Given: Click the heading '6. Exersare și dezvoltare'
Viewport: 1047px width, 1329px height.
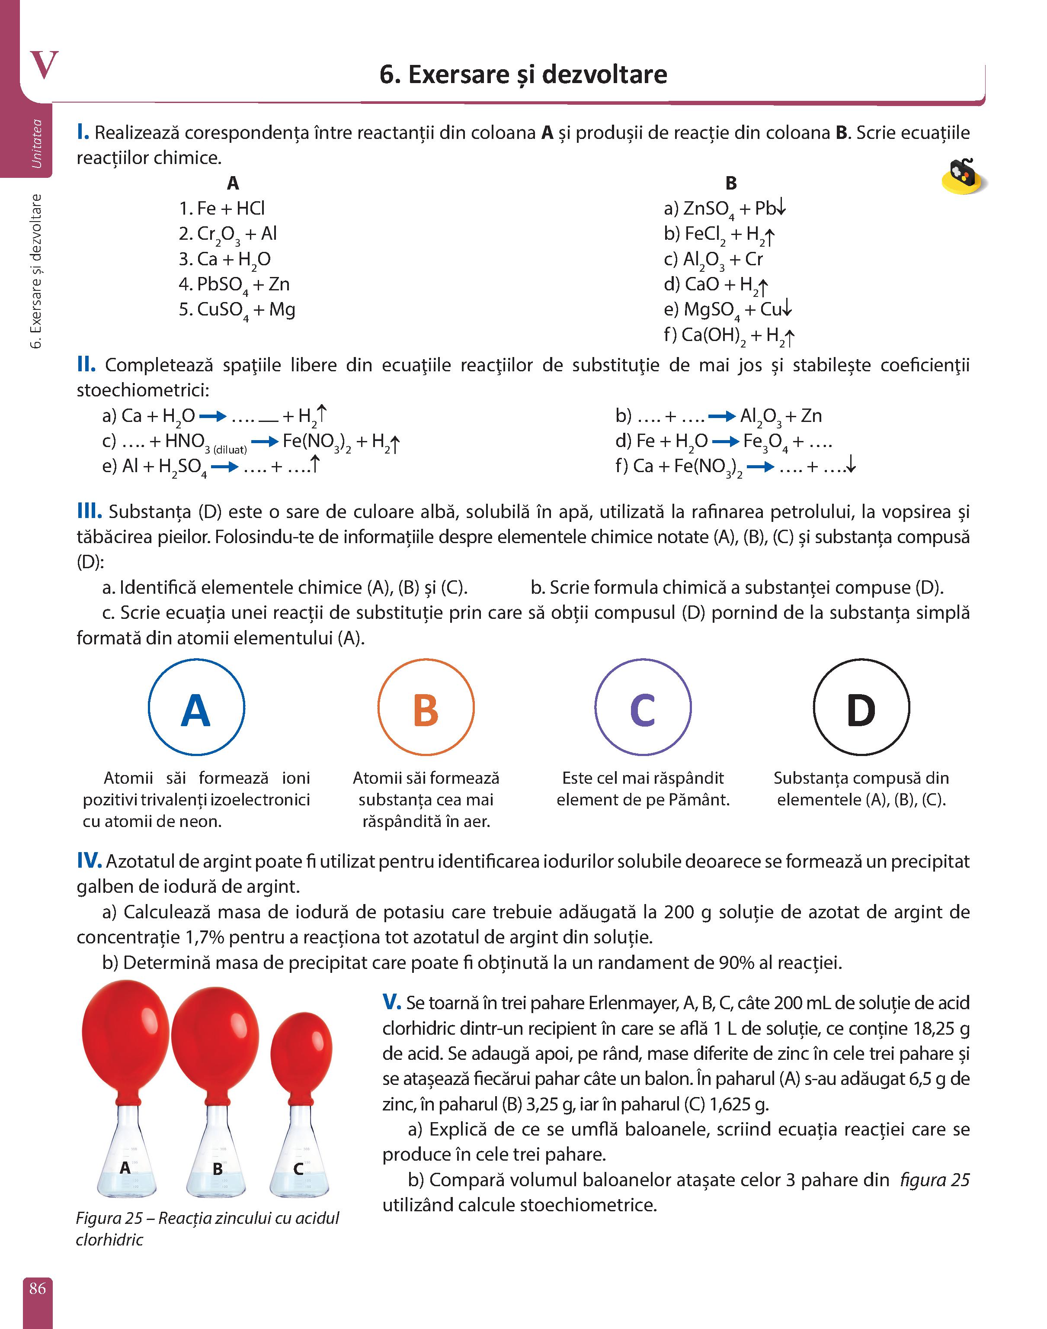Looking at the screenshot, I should tap(523, 74).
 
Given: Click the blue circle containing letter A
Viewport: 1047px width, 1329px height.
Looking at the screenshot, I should tap(196, 707).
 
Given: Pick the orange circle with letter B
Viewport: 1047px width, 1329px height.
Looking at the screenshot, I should tap(426, 707).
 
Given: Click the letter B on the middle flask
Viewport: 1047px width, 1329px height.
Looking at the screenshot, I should tap(217, 1169).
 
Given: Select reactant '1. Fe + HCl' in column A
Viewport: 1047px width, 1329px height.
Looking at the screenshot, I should tap(222, 209).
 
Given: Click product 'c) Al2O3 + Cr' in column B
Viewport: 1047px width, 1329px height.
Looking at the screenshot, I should tap(714, 259).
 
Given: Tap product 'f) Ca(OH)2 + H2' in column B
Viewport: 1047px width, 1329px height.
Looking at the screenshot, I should tap(730, 335).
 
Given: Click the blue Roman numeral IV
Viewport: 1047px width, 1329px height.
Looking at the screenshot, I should tap(89, 861).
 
